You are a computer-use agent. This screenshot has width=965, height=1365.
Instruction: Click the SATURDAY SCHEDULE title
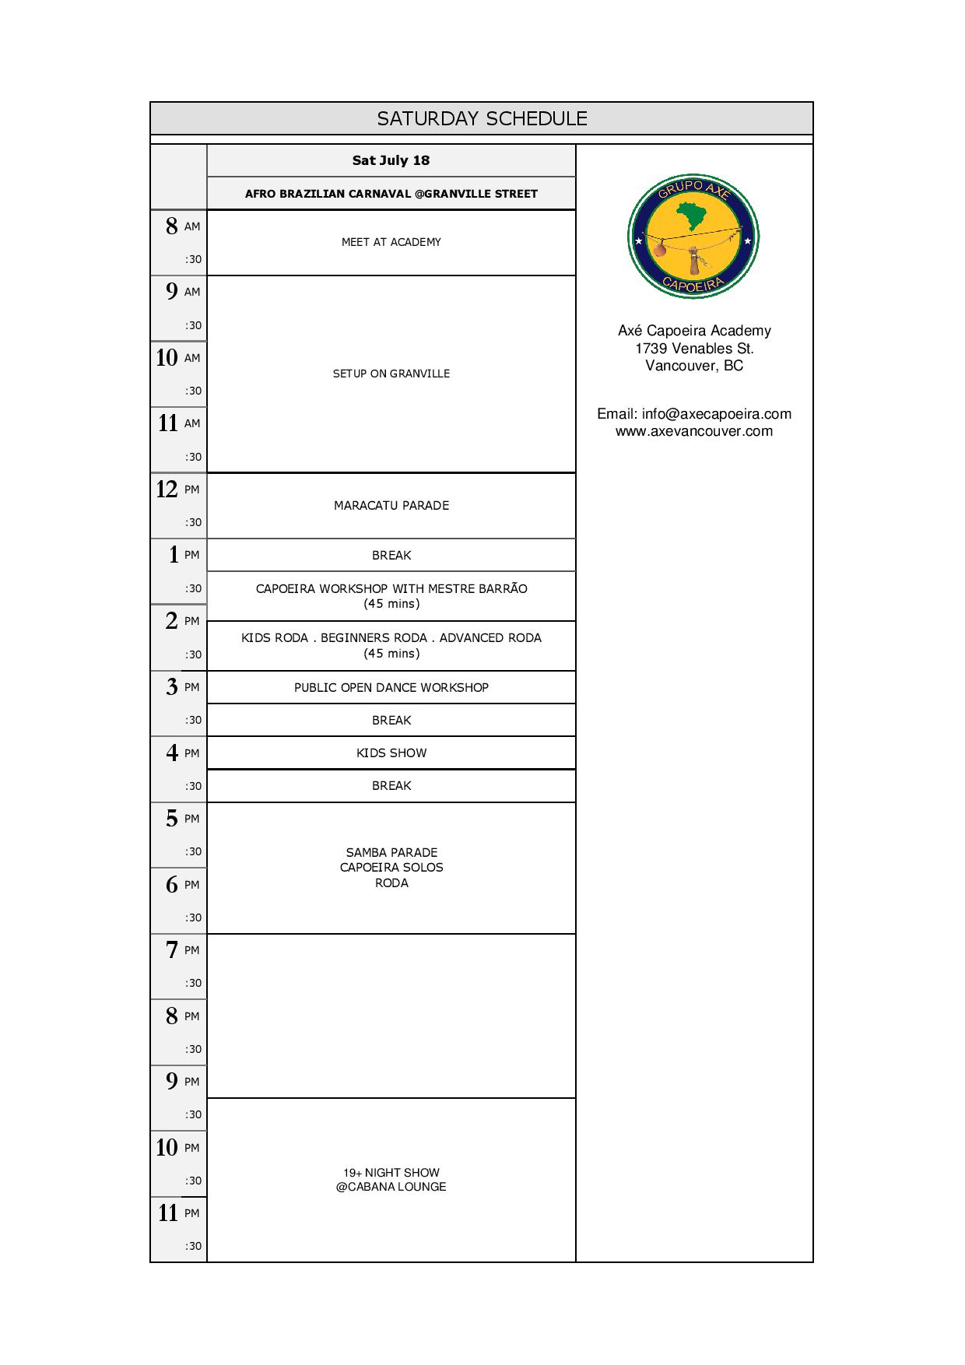click(x=482, y=118)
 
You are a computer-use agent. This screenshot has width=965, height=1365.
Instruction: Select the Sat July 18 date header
click(x=391, y=160)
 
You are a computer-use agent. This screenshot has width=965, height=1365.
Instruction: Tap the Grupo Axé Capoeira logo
click(x=693, y=236)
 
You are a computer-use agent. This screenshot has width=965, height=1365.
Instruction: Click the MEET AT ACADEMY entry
click(x=391, y=242)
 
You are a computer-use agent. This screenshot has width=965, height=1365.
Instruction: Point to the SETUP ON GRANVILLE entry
click(x=391, y=374)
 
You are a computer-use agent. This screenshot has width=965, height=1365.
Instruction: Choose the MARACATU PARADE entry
click(x=391, y=505)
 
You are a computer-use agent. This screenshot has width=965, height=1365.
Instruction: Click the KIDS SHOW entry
click(x=391, y=753)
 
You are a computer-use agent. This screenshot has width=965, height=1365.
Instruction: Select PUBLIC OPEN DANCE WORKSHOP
click(x=391, y=687)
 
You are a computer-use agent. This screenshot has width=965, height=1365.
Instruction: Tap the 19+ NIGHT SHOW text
click(x=391, y=1172)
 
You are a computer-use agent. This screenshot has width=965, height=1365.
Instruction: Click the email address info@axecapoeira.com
click(x=716, y=414)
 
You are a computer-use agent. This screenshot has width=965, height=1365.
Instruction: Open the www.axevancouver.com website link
click(x=693, y=431)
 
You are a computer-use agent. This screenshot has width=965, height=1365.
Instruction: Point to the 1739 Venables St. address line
click(x=693, y=348)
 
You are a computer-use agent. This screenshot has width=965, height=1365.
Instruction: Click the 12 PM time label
click(x=178, y=489)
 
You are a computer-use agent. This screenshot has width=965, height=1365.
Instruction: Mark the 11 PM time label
click(x=178, y=1212)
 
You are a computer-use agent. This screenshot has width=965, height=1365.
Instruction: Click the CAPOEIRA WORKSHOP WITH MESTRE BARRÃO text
click(x=391, y=588)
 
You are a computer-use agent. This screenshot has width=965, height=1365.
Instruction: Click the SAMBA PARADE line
click(x=391, y=852)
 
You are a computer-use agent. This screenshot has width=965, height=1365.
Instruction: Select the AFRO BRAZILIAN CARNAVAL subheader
click(x=391, y=194)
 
